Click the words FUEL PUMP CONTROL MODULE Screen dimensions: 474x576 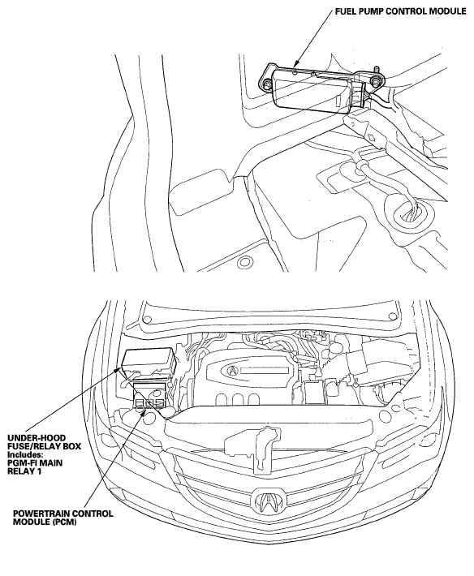tap(400, 11)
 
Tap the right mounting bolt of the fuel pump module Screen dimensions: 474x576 tap(375, 81)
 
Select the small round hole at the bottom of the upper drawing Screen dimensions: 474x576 tap(243, 263)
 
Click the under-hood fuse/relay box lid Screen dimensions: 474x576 tap(148, 360)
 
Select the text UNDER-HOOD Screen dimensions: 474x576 tap(37, 438)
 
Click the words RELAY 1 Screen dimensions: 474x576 tap(24, 471)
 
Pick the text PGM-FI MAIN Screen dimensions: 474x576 tap(35, 462)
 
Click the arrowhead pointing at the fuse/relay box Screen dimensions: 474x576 tap(119, 369)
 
